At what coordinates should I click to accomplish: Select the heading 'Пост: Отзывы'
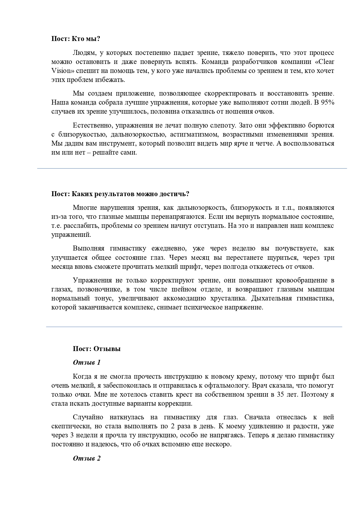[96, 349]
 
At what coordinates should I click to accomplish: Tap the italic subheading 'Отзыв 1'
[87, 362]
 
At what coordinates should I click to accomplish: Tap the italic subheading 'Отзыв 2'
[87, 459]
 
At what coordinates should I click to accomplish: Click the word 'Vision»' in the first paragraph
[63, 71]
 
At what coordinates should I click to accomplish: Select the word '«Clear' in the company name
[324, 62]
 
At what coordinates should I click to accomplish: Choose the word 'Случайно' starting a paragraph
[88, 417]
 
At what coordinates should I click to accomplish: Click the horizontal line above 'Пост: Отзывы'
[194, 327]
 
